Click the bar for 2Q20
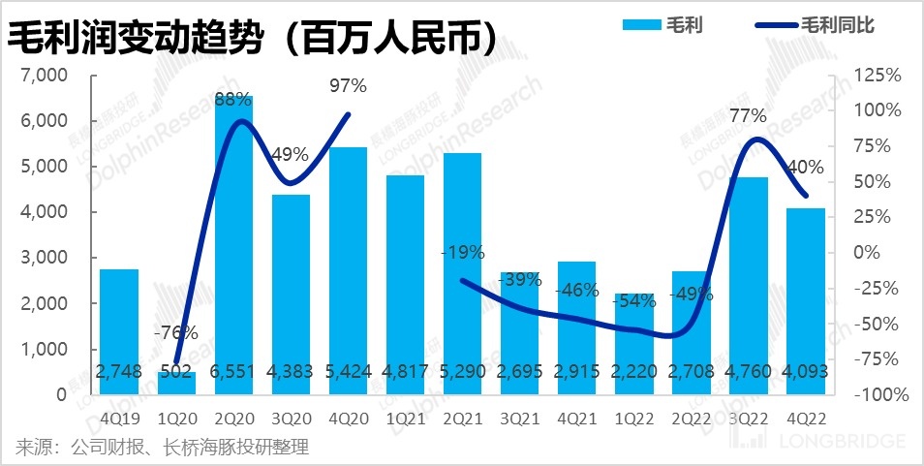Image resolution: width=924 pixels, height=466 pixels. click(233, 242)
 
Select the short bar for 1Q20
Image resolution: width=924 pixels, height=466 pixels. click(176, 384)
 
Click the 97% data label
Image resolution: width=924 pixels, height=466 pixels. click(348, 86)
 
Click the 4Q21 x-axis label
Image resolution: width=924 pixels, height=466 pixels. click(576, 419)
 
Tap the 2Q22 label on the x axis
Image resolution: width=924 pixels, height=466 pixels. click(691, 419)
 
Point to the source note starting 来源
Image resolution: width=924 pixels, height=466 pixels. click(161, 447)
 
